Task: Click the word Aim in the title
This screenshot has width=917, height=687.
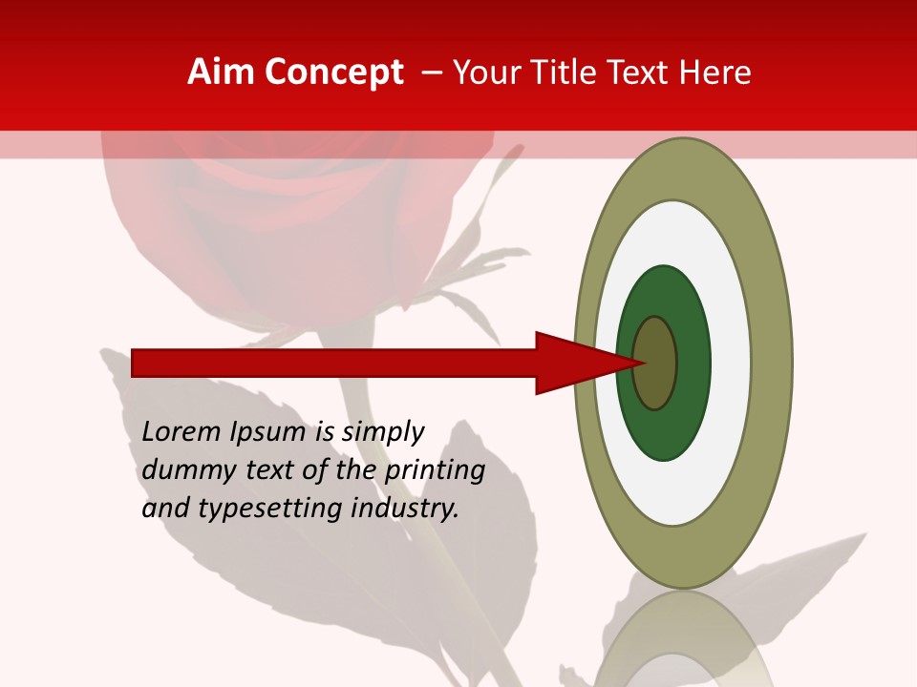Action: pyautogui.click(x=221, y=73)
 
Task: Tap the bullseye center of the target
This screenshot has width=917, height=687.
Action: pyautogui.click(x=655, y=363)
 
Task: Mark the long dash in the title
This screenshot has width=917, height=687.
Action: pyautogui.click(x=432, y=73)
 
